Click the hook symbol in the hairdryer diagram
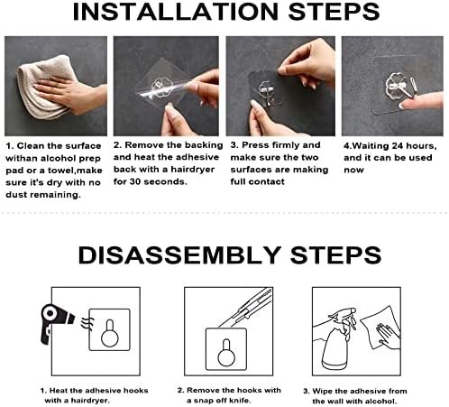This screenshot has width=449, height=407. pos(109,333)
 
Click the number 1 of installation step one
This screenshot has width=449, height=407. pos(8,144)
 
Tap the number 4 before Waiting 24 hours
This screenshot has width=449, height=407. pos(346,144)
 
